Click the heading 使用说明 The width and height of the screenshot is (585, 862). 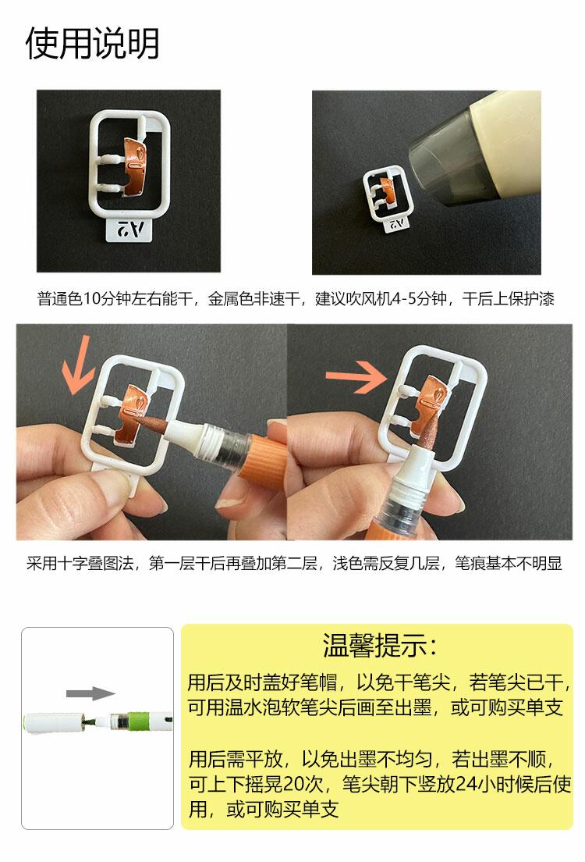tap(92, 43)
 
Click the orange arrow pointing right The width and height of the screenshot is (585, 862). tap(356, 376)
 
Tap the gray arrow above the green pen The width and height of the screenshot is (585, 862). tap(90, 693)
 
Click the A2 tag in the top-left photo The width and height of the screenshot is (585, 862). tap(128, 229)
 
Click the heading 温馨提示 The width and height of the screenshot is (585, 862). tap(379, 646)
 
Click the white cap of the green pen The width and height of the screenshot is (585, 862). tap(52, 722)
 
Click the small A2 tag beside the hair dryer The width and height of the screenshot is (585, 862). tap(396, 224)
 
